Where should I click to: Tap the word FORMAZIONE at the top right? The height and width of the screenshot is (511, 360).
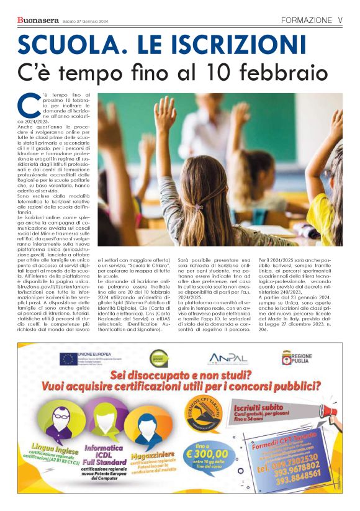tap(305, 20)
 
